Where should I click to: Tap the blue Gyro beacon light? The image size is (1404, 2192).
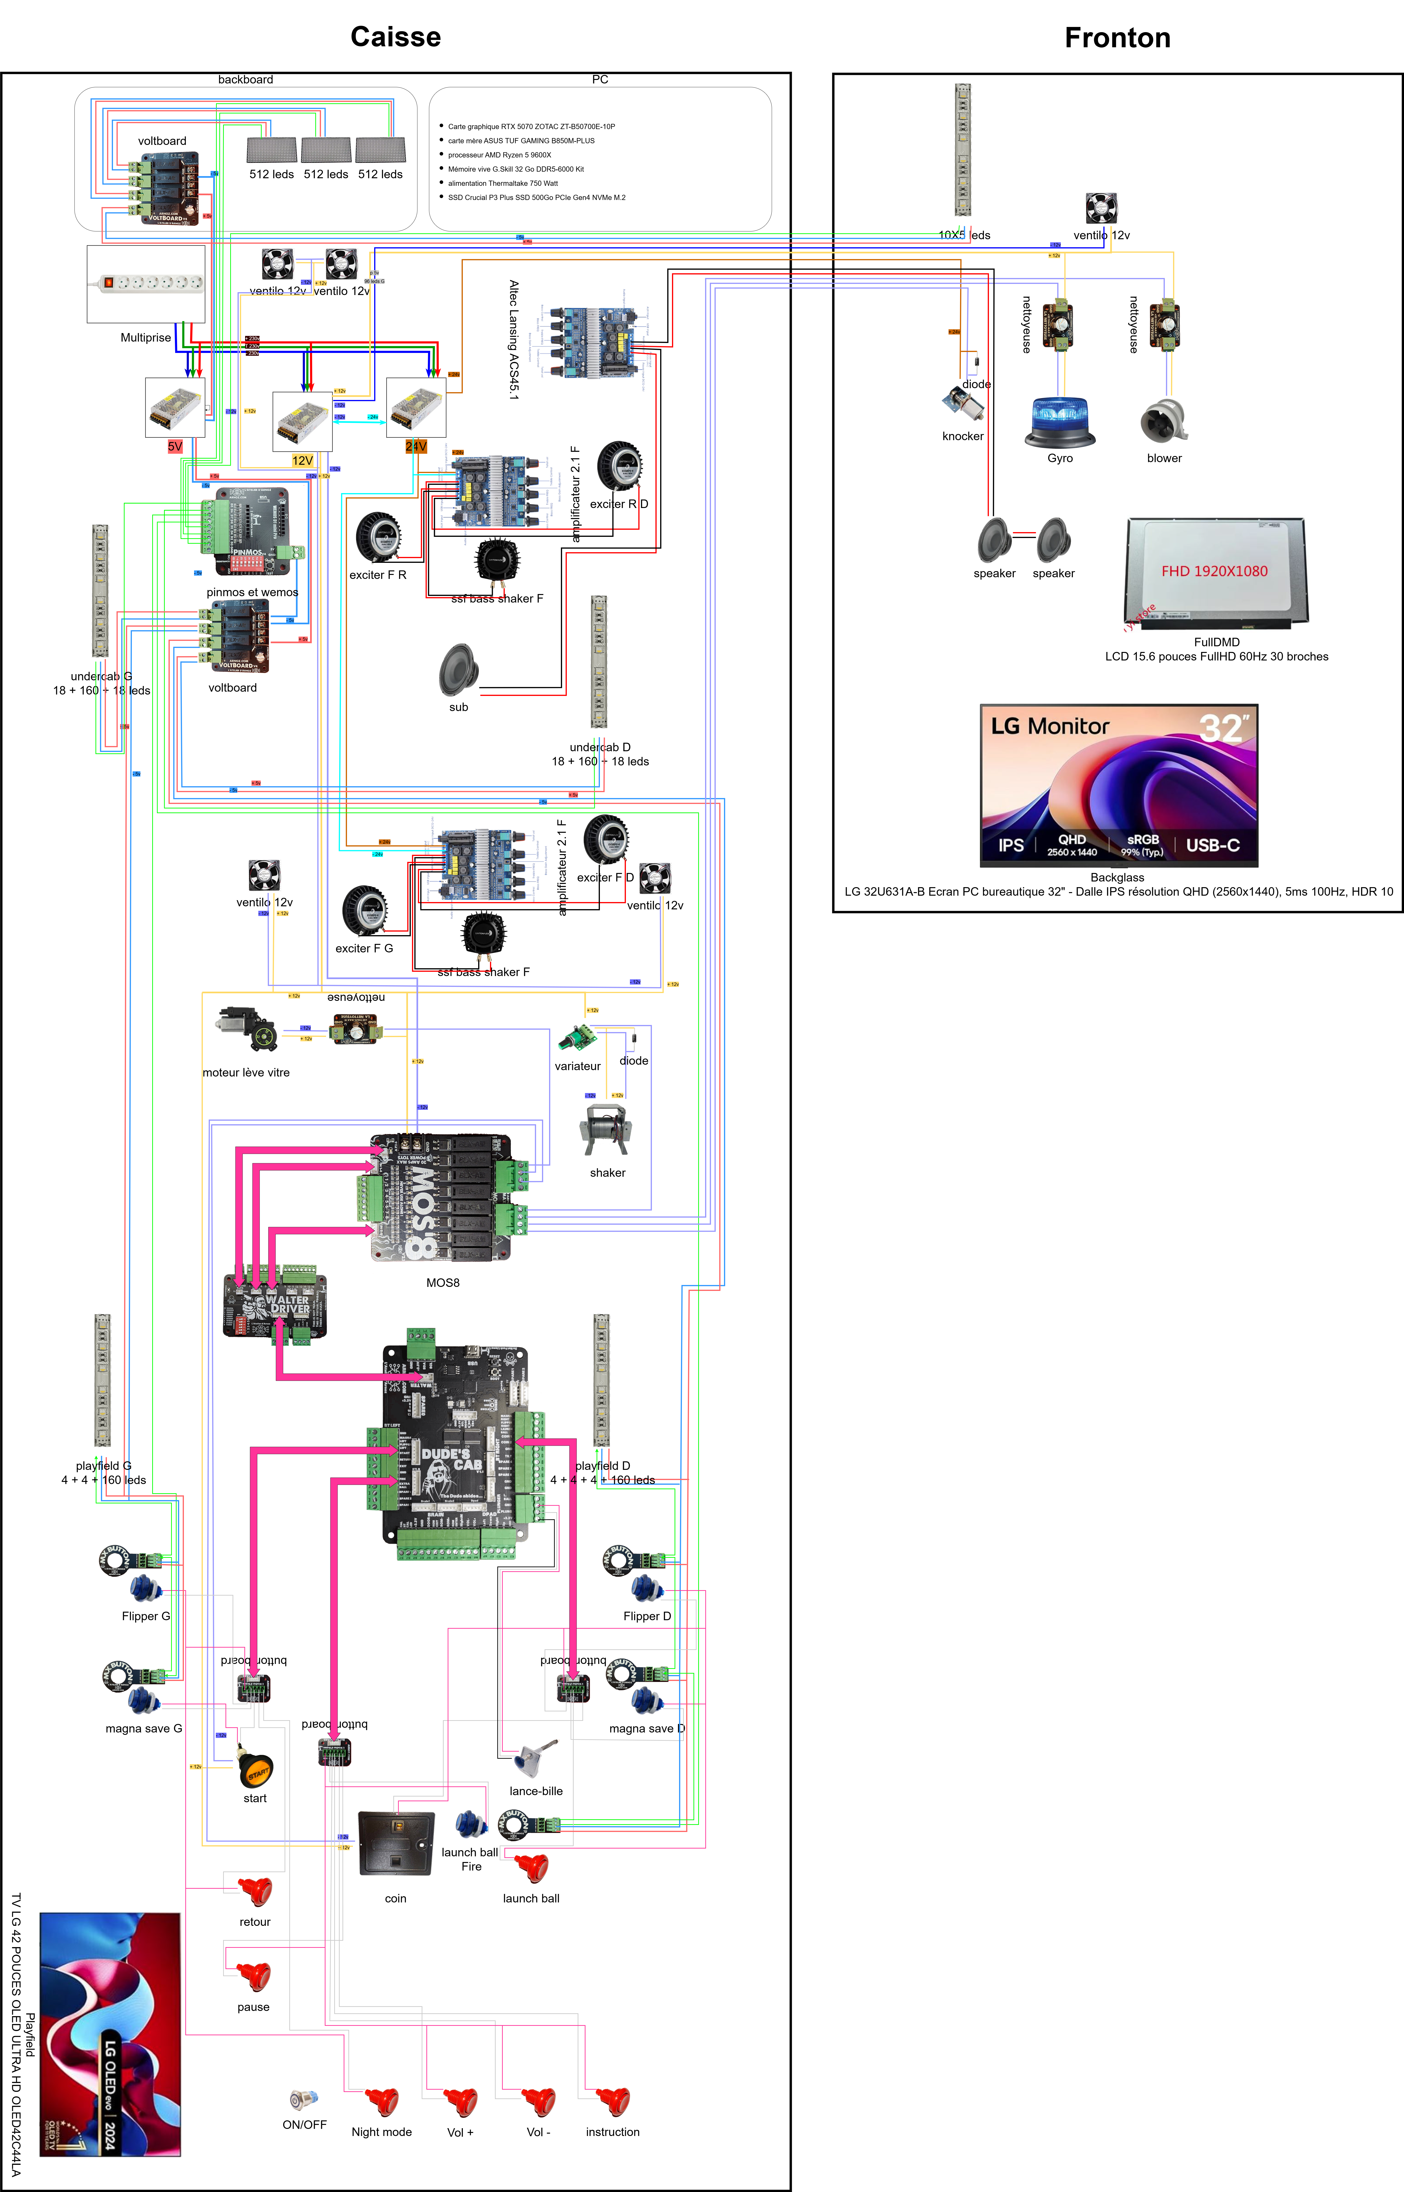pyautogui.click(x=1059, y=421)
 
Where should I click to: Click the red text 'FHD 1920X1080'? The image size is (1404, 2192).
pyautogui.click(x=1213, y=571)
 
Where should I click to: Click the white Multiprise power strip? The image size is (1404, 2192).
pyautogui.click(x=146, y=284)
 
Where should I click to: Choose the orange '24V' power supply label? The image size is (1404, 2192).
pyautogui.click(x=416, y=446)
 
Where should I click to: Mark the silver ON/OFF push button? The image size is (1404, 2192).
pyautogui.click(x=303, y=2100)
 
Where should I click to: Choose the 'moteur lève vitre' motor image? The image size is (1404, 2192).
pyautogui.click(x=246, y=1029)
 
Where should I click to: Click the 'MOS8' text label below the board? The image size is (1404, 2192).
pyautogui.click(x=443, y=1282)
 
